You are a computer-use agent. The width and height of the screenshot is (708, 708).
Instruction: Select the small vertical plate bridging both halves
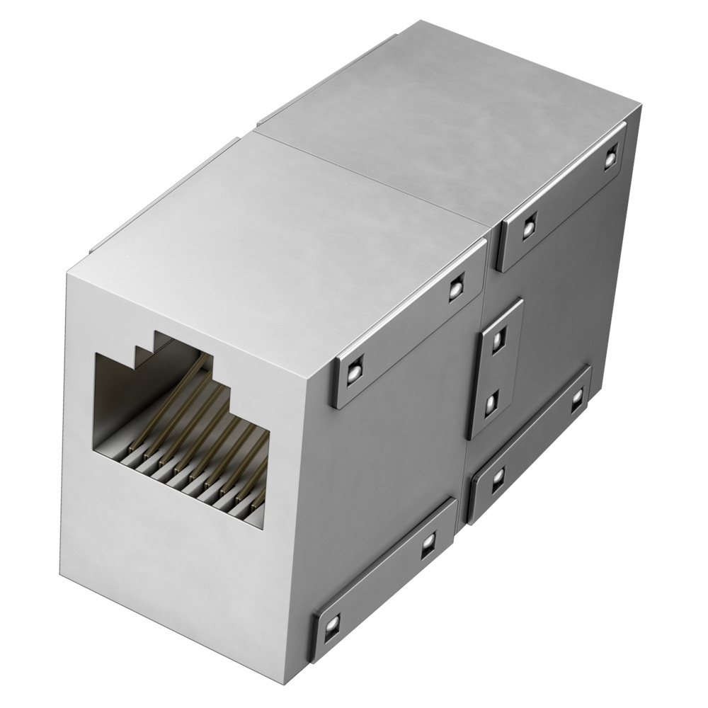(496, 368)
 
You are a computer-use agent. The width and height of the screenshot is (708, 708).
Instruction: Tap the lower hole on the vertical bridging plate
(491, 404)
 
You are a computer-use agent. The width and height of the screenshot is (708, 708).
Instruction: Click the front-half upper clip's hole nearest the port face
(352, 372)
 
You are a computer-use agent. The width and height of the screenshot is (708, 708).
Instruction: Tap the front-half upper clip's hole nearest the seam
(456, 287)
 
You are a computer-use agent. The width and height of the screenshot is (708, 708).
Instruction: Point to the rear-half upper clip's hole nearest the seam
(528, 226)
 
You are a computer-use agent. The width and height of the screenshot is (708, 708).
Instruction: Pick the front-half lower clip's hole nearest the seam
(427, 545)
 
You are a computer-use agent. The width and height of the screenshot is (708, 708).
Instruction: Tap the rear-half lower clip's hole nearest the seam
(498, 477)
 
